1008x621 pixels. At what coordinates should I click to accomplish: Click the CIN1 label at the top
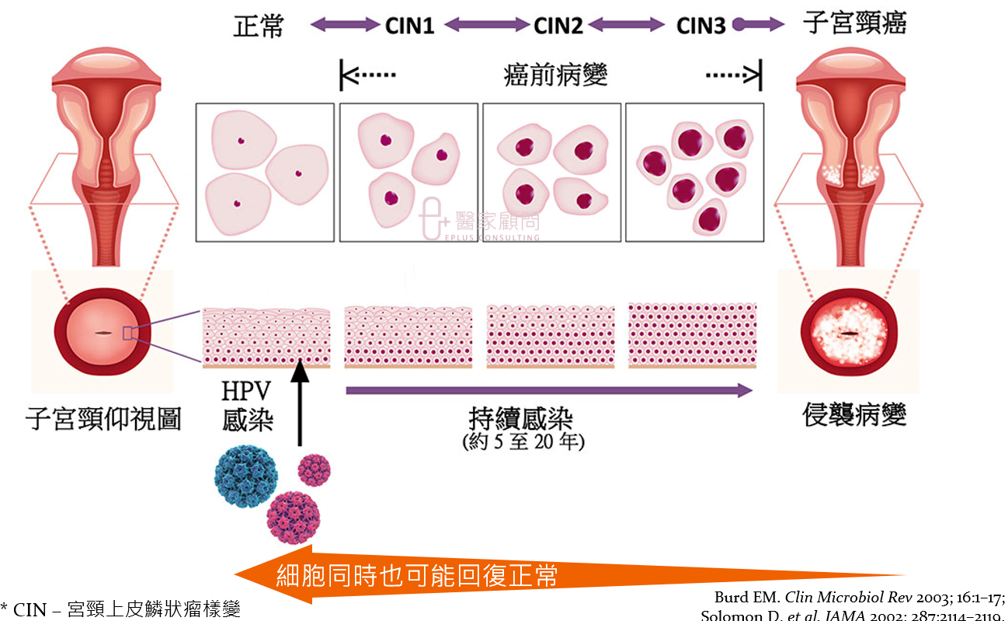click(x=409, y=26)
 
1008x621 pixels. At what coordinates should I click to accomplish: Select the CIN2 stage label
click(x=558, y=26)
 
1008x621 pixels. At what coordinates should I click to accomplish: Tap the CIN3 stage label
click(x=700, y=26)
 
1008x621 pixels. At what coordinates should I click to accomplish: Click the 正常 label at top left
click(x=259, y=26)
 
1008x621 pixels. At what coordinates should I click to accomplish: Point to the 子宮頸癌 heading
click(x=854, y=24)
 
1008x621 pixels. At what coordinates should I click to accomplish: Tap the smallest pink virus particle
click(x=315, y=470)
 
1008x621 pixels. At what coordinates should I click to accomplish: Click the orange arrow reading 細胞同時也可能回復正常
click(x=466, y=576)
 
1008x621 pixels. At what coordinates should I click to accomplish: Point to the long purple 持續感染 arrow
click(x=548, y=390)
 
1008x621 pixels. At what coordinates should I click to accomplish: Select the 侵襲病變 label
click(x=854, y=416)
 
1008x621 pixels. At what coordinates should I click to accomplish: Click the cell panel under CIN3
click(x=694, y=172)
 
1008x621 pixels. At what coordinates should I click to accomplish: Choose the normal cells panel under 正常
click(x=265, y=172)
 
